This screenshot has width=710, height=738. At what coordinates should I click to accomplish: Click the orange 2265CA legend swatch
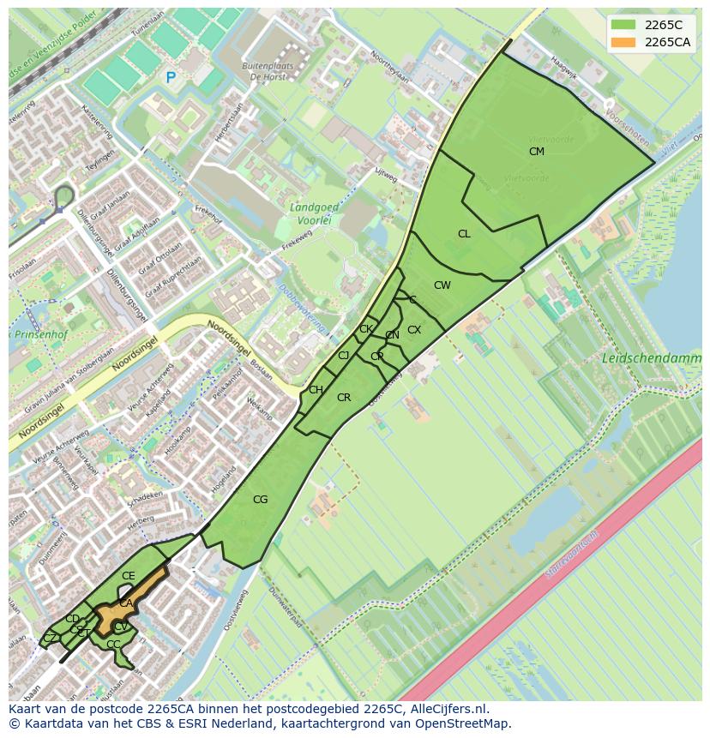tap(623, 42)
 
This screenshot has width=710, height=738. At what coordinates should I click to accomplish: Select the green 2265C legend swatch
tap(623, 25)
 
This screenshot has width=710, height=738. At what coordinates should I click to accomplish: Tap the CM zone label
tap(537, 152)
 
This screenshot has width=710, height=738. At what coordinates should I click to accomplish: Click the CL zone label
tap(464, 234)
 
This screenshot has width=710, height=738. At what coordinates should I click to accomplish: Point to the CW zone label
tap(442, 285)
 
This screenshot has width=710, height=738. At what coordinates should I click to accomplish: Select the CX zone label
tap(414, 330)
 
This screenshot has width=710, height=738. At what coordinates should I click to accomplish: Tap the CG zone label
tap(260, 500)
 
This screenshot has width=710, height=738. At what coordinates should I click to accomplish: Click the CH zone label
tap(316, 390)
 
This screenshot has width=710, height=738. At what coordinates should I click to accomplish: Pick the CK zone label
tap(366, 329)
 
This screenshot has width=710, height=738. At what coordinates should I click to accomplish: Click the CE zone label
tap(129, 576)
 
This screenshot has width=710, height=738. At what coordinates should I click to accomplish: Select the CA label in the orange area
tap(126, 603)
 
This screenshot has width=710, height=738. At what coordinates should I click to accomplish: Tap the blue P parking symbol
tap(171, 78)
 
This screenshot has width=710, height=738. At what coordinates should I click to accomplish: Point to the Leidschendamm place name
tap(651, 357)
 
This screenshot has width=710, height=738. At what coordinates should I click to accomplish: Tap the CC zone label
tap(113, 645)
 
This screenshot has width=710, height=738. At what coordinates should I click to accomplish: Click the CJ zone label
tap(344, 356)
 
